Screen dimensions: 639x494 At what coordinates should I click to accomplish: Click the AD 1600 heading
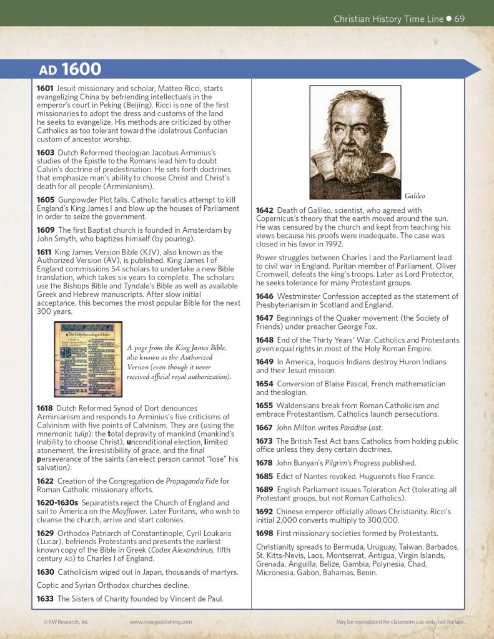[70, 69]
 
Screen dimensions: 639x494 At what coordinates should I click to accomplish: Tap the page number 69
[459, 19]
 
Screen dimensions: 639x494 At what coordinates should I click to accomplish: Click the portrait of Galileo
[355, 142]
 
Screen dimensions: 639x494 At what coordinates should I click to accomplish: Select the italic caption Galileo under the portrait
[415, 195]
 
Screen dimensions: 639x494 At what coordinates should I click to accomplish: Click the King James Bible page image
[88, 359]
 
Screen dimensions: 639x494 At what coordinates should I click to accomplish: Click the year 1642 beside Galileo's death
[265, 210]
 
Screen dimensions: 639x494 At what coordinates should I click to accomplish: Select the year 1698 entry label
[265, 533]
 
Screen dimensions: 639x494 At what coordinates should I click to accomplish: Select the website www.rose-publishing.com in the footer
[161, 622]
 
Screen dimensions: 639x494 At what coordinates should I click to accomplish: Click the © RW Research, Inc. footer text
[66, 622]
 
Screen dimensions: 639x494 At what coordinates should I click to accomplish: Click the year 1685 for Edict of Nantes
[265, 476]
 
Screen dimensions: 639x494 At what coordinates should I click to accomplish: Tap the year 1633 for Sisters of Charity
[45, 598]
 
